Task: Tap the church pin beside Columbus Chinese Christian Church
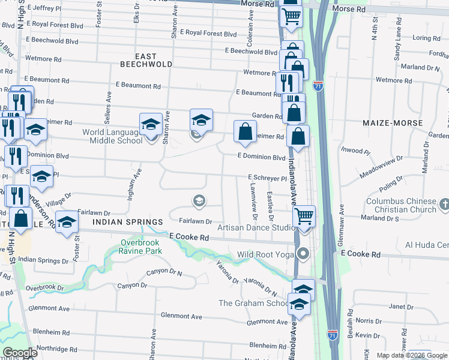(x=444, y=205)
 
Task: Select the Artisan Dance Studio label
(x=256, y=227)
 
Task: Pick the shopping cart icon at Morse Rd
(x=291, y=18)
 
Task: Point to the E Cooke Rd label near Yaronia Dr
(x=189, y=238)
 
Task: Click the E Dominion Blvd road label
(x=261, y=157)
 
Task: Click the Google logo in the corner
(x=20, y=353)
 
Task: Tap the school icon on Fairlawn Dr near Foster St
(x=67, y=222)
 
